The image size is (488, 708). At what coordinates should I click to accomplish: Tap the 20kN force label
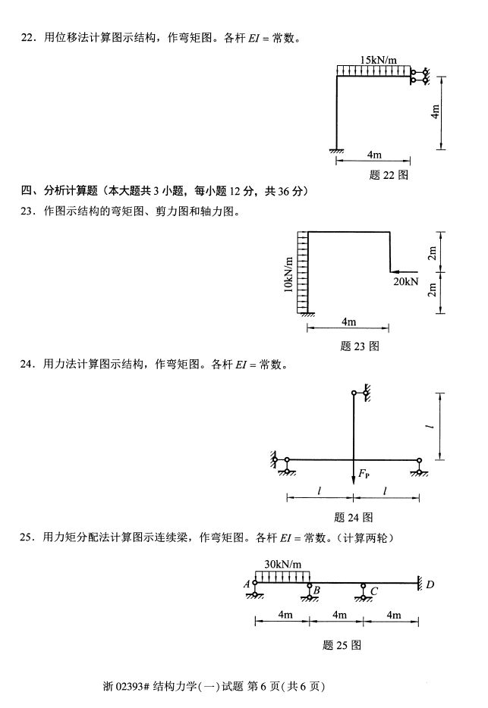pos(406,281)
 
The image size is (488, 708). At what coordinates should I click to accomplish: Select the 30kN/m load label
pos(282,564)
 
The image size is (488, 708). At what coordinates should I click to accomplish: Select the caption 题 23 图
pos(360,346)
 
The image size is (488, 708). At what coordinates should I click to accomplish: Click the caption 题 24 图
pos(353,518)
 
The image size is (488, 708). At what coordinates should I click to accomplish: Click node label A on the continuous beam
pos(247,584)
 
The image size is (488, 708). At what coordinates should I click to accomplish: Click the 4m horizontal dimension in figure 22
pos(373,155)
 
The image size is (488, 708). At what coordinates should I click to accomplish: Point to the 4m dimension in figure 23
pos(348,322)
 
